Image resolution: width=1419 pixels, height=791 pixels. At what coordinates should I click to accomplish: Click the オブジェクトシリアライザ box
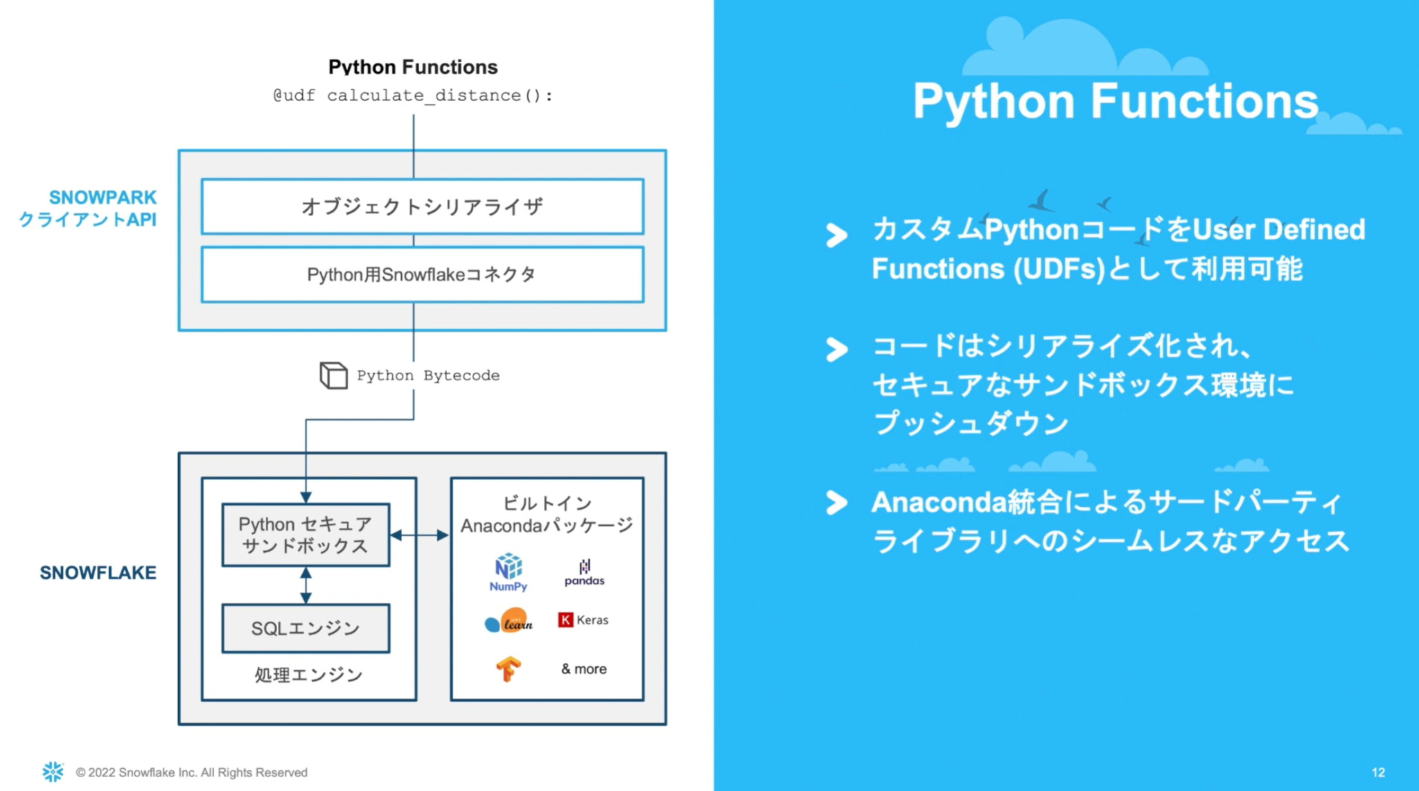coord(422,206)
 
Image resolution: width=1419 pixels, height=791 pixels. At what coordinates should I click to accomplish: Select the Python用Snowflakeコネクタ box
coord(422,274)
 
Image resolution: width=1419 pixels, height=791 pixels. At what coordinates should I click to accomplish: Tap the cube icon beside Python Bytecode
coord(333,375)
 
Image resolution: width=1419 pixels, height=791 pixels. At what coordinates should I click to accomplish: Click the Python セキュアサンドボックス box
coord(306,535)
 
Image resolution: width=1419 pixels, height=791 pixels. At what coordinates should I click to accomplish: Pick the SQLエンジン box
coord(306,628)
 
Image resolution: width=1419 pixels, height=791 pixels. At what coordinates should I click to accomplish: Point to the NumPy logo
coord(508,572)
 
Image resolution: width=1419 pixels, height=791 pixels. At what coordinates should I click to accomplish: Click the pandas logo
coord(584,573)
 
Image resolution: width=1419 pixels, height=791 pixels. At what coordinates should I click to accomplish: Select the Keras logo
coord(583,620)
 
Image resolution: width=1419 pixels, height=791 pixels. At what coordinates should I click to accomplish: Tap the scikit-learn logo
coord(509,621)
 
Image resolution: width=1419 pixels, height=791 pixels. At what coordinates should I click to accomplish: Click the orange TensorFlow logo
coord(508,668)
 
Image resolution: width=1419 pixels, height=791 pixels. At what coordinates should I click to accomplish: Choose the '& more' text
coord(583,669)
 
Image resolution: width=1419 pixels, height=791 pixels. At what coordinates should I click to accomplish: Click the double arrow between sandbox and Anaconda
coord(419,535)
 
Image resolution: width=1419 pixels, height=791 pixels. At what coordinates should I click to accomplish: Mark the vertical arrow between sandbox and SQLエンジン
coord(306,585)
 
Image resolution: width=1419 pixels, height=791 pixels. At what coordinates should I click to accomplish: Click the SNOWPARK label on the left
coord(103,197)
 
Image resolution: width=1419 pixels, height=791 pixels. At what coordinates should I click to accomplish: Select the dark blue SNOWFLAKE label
coord(98,573)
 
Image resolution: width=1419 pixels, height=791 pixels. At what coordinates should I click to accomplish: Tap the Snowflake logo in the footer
coord(53,772)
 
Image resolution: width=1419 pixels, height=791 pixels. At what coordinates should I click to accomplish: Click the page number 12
coord(1377,772)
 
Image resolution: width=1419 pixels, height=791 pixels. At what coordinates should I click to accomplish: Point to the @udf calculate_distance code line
coord(413,96)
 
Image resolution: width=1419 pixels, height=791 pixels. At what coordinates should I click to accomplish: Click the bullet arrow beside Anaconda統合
coord(836,502)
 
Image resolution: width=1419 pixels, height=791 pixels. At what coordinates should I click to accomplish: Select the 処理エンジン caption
coord(308,675)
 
